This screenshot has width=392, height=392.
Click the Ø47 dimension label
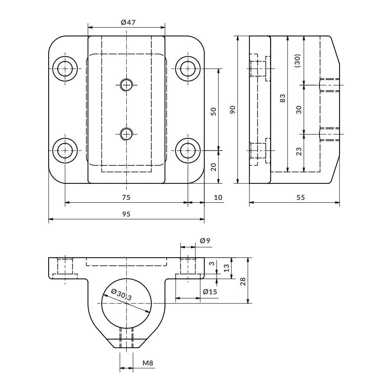tap(128, 22)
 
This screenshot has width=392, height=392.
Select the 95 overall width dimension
tap(126, 214)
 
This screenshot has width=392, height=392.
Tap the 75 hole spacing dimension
tap(126, 198)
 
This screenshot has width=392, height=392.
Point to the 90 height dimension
tap(233, 109)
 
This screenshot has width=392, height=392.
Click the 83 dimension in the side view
tap(283, 98)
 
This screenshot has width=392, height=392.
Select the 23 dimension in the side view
tap(299, 151)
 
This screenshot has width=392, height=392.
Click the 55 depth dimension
tap(301, 198)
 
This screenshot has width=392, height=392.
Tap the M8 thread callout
tap(148, 363)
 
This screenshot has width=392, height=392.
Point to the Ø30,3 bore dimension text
tap(122, 294)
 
